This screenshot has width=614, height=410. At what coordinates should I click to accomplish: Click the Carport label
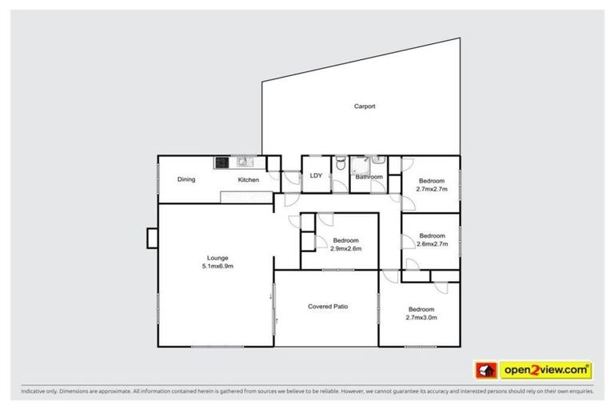[x=365, y=106]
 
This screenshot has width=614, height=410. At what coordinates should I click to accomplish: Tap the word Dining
[x=186, y=179]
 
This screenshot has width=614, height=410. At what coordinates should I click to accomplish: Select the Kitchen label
[x=248, y=180]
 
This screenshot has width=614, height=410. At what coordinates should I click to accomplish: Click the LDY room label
[x=316, y=176]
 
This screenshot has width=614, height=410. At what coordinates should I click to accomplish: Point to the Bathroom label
[x=369, y=177]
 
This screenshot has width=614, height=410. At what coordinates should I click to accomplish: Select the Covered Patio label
[x=328, y=307]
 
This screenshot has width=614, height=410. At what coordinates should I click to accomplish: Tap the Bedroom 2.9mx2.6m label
[x=346, y=244]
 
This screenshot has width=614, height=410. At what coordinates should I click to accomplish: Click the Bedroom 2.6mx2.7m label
[x=432, y=239]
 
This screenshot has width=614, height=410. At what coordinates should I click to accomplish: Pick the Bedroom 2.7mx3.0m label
[x=421, y=313]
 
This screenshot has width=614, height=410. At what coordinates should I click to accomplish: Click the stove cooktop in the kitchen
[x=221, y=163]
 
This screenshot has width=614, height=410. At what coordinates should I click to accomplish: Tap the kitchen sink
[x=241, y=163]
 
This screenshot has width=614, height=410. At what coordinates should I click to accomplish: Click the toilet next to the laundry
[x=341, y=164]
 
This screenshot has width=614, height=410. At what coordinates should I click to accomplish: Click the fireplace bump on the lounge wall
[x=152, y=239]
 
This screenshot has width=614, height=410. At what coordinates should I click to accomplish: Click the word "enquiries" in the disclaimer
[x=577, y=392]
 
